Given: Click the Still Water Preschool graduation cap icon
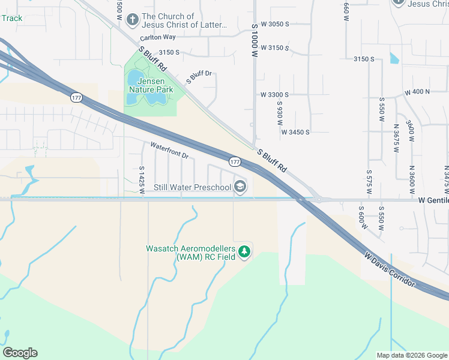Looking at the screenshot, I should point(240,187).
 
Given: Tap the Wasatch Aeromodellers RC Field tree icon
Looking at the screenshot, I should point(244,253).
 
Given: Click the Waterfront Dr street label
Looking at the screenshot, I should point(169,151).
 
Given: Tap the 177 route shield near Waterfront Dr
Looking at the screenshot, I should point(235,162).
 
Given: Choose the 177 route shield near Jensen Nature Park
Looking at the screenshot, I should point(76,97).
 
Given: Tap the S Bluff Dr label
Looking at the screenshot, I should point(199,76).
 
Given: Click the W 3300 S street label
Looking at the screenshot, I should point(274,95).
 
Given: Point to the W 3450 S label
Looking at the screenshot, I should point(295,132).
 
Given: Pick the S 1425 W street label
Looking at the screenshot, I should point(142,181).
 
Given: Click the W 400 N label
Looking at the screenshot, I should point(418,92).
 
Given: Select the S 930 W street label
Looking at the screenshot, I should point(279,109).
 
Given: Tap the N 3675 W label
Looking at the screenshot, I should point(396,139).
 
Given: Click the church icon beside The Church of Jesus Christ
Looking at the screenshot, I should point(132,20).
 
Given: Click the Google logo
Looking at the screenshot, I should point(20,353).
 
